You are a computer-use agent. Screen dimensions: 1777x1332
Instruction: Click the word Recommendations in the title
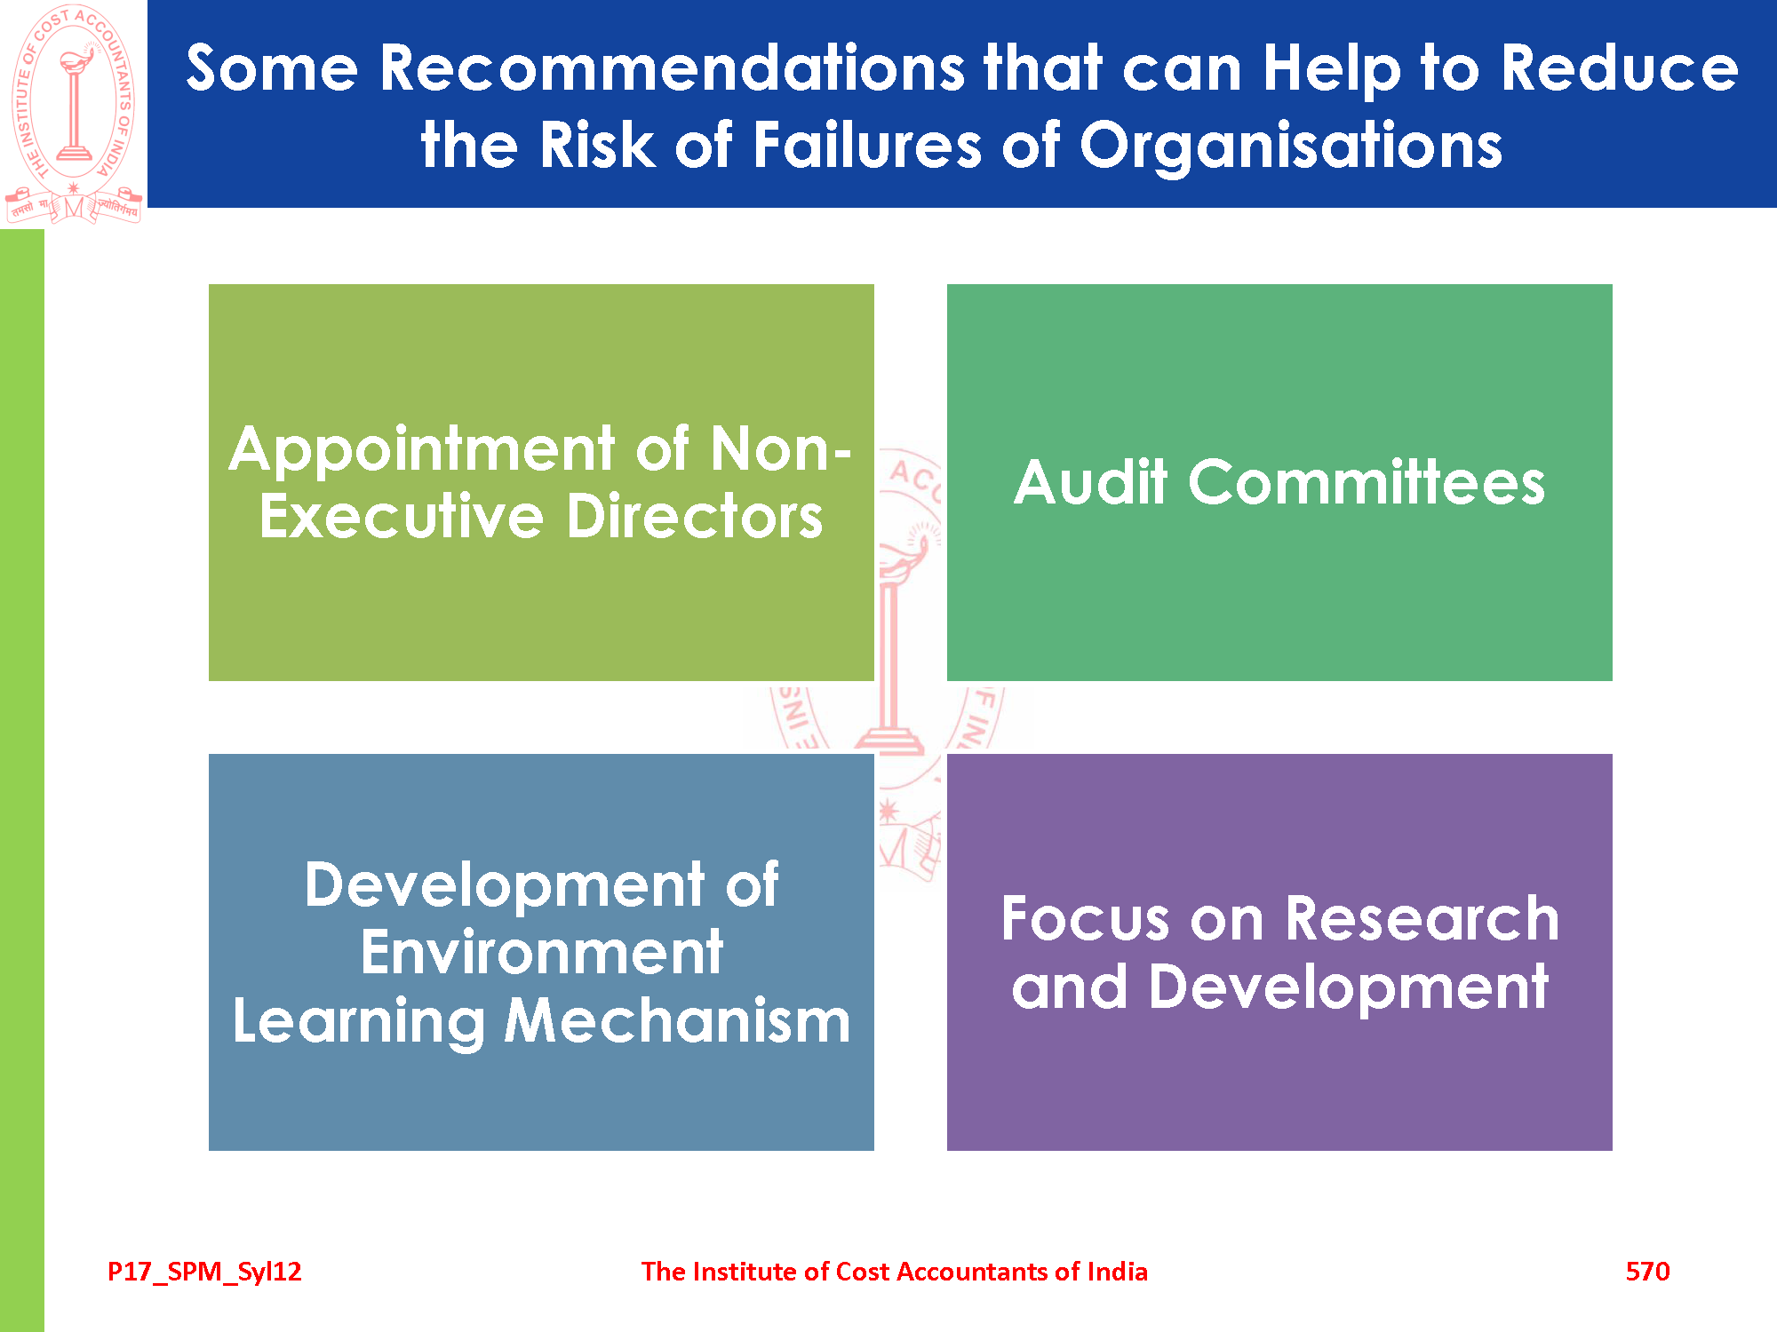[673, 68]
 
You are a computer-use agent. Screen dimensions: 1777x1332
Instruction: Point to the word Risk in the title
[596, 146]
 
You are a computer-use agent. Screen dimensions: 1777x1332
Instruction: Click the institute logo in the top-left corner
[74, 114]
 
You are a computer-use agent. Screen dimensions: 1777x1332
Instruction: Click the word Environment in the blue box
[542, 953]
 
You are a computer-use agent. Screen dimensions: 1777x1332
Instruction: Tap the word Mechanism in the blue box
[677, 1021]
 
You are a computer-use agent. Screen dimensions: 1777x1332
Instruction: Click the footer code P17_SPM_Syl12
[204, 1273]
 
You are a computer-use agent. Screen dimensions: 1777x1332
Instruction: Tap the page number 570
[1647, 1272]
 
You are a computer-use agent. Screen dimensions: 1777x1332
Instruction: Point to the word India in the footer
[1117, 1272]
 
